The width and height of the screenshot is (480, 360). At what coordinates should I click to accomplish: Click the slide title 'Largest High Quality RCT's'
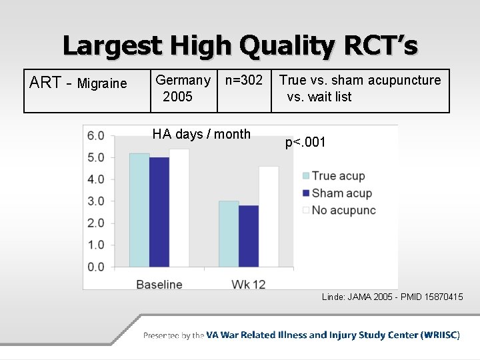pyautogui.click(x=240, y=45)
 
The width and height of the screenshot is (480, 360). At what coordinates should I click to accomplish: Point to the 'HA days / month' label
pyautogui.click(x=201, y=134)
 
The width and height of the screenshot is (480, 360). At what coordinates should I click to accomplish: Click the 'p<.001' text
pyautogui.click(x=305, y=142)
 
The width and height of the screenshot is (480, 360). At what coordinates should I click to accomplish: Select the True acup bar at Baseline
pyautogui.click(x=139, y=210)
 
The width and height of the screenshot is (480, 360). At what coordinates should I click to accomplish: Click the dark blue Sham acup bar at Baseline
pyautogui.click(x=159, y=212)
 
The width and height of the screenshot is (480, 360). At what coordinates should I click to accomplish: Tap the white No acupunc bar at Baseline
pyautogui.click(x=179, y=208)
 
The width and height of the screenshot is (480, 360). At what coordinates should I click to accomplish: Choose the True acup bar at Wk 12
pyautogui.click(x=229, y=234)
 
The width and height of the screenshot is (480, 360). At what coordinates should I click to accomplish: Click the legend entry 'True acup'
pyautogui.click(x=338, y=176)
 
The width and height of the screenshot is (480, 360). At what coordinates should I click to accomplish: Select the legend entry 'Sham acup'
pyautogui.click(x=341, y=193)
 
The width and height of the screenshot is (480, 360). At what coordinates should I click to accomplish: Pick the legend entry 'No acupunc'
pyautogui.click(x=343, y=211)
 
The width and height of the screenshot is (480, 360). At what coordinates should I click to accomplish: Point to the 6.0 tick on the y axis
pyautogui.click(x=96, y=136)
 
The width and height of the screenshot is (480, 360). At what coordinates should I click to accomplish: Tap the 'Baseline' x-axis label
pyautogui.click(x=159, y=284)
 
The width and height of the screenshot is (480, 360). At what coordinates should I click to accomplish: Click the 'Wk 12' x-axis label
pyautogui.click(x=249, y=284)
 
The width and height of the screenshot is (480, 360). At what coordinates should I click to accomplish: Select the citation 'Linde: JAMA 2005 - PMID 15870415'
pyautogui.click(x=392, y=297)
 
